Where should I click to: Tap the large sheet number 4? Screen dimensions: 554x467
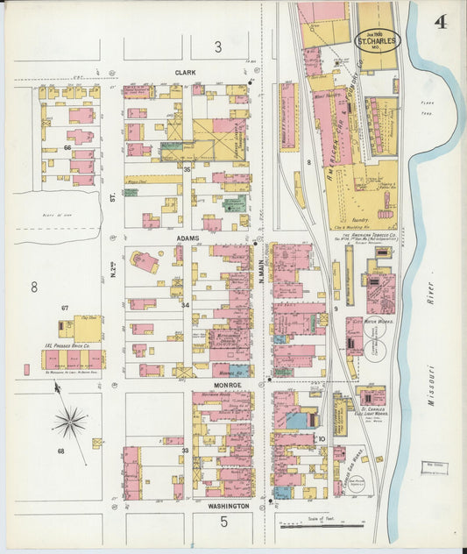coord(439,22)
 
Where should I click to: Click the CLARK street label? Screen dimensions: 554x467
coord(185,73)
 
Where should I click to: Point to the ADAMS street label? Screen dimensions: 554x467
coord(188,238)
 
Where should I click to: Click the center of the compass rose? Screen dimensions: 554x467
coord(69,423)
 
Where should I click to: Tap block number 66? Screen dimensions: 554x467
coord(67,148)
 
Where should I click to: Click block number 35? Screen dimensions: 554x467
coord(186,167)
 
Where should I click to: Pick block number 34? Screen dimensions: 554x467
coord(185,304)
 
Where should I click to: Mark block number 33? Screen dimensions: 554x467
coord(185,450)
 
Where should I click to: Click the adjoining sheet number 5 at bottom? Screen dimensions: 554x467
coord(223,523)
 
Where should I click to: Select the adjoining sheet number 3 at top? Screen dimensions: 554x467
coord(218,47)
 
